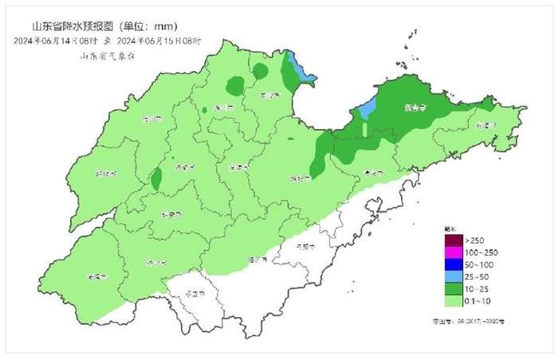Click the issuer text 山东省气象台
pyautogui.click(x=107, y=56)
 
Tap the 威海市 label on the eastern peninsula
pyautogui.click(x=485, y=126)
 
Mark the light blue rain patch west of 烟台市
pyautogui.click(x=365, y=108)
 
